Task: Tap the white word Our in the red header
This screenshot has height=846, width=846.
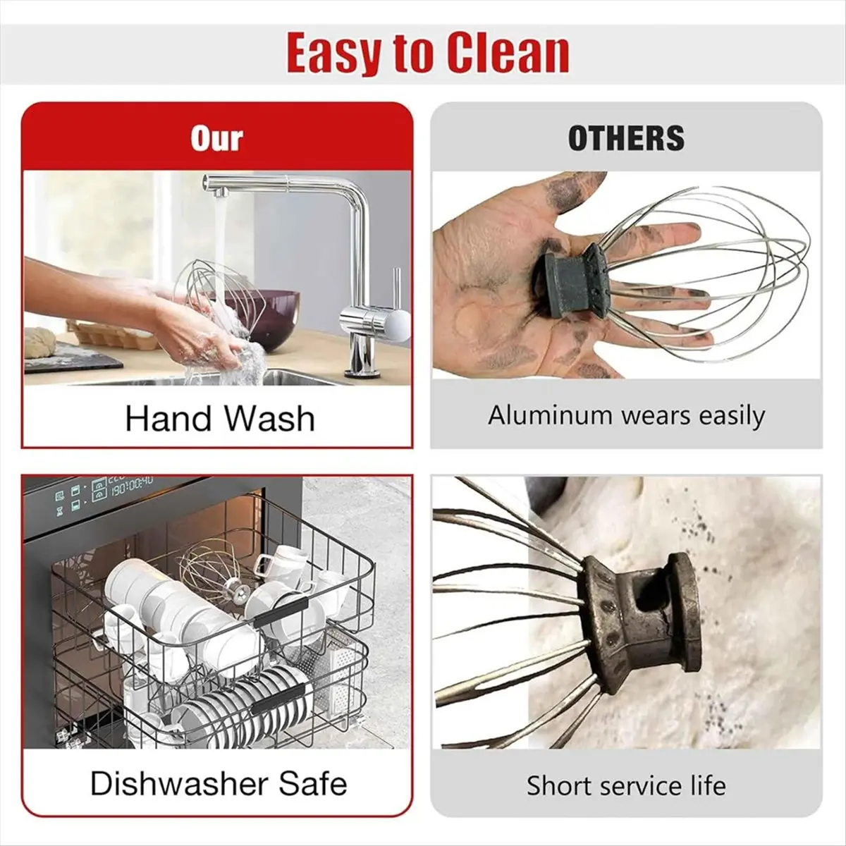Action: pos(217,139)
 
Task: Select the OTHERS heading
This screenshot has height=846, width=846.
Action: pos(627,138)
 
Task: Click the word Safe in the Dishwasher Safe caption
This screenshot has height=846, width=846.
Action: pos(313,784)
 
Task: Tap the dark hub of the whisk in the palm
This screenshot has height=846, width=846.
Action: pos(572,282)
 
